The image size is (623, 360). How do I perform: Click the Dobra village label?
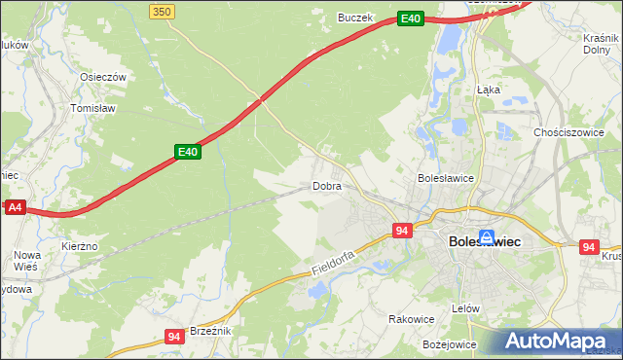[326, 185]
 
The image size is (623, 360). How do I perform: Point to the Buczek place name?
[355, 17]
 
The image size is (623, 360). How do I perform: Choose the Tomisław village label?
[93, 108]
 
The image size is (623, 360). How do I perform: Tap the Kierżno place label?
[79, 246]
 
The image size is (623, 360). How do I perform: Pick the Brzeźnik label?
[209, 331]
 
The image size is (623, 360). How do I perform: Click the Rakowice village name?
[411, 318]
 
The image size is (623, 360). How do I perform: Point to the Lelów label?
[466, 307]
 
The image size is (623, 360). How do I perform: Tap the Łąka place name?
[488, 89]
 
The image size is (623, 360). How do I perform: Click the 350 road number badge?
[163, 11]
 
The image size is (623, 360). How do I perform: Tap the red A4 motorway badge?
[14, 207]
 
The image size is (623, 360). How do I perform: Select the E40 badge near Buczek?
[410, 18]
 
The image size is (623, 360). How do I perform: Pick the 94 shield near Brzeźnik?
[174, 337]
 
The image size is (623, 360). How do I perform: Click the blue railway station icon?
[485, 223]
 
